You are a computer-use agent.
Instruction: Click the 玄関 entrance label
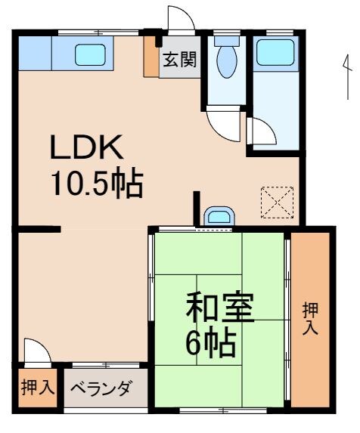coord(179,60)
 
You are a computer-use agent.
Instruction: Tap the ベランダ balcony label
coord(101,390)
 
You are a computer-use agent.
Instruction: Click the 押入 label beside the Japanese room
coord(311,319)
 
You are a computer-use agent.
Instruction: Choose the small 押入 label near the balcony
coord(36,388)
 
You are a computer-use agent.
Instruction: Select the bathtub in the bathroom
coord(275,53)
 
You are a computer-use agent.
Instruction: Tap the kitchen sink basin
coord(92,54)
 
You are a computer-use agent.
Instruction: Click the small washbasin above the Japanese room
coord(218,218)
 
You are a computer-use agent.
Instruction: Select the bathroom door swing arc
coord(262,131)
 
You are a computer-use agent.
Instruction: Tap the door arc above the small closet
coord(37,351)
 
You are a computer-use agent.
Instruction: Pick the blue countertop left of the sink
coord(35,53)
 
